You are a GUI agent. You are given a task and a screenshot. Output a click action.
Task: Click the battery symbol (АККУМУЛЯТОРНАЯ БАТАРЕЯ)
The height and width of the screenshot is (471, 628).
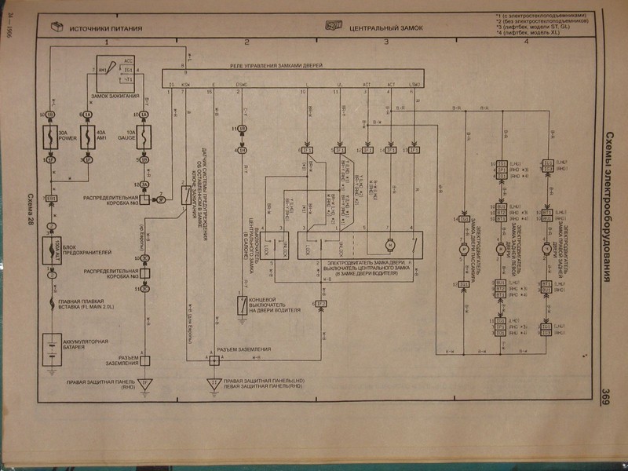pos(52,348)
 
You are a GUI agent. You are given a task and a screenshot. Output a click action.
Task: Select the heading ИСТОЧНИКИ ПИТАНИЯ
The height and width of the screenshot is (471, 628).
pos(105,28)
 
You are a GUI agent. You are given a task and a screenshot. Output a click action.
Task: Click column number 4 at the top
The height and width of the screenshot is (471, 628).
pos(526,41)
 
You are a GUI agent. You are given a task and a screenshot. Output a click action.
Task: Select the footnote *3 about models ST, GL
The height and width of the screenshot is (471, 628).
pos(553,27)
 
